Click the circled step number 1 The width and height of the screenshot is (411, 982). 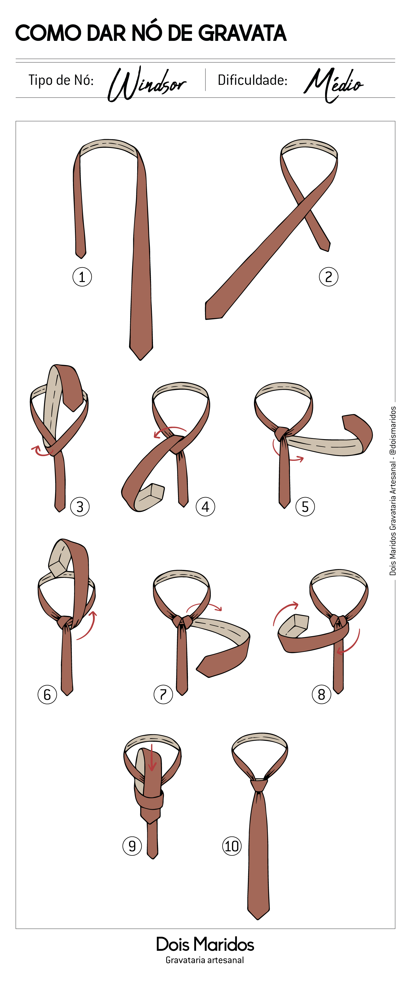coord(82,277)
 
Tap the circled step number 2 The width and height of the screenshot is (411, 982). coord(328,277)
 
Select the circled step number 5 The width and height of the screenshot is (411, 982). coord(305,507)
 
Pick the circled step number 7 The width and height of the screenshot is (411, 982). coord(163,694)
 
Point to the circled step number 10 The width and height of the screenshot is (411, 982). coord(232,846)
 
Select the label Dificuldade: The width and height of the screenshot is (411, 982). coord(252,80)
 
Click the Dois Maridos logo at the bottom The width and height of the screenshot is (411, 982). coord(205,944)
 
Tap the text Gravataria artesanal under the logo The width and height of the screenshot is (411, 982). coord(205,960)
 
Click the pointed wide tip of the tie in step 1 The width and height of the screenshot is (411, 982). coord(141,359)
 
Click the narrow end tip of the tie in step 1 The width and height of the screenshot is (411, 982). coord(80,257)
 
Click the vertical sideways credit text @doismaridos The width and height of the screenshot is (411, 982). coord(393,431)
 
